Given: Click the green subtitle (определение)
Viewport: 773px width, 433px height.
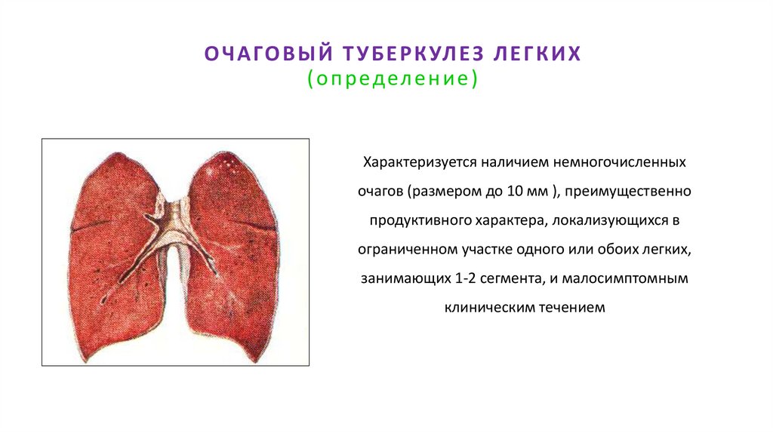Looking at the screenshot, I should (392, 79).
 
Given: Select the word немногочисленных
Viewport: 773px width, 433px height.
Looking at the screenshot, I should (629, 162).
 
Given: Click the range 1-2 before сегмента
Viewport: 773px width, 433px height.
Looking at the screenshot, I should (465, 278).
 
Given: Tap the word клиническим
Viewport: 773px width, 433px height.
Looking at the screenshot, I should (489, 307).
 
